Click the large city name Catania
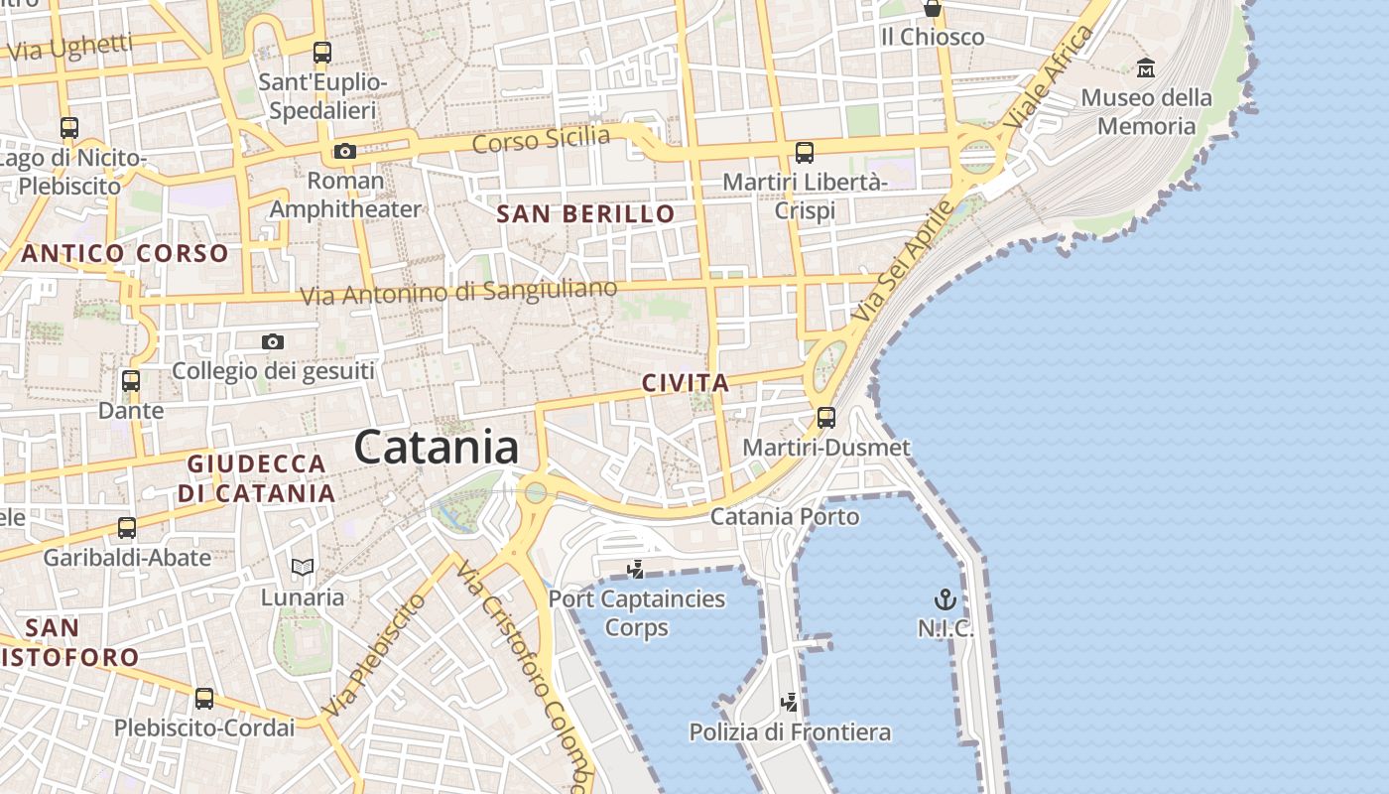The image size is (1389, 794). point(437,448)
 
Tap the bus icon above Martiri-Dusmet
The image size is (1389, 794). point(825,418)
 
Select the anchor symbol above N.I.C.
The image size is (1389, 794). point(945,599)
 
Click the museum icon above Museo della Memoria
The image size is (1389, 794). point(1146,68)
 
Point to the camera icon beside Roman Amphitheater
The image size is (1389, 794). point(344,152)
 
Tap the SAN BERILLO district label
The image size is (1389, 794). point(585,213)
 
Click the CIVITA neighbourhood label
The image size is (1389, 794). point(685,383)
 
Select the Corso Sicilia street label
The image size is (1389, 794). point(541,140)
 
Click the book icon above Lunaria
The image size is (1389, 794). point(303,568)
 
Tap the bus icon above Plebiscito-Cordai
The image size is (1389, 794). point(204,699)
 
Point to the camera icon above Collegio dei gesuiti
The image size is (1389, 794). point(273,342)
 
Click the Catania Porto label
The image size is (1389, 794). point(785,517)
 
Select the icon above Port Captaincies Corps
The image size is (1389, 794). point(636,570)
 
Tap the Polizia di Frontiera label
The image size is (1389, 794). point(790,733)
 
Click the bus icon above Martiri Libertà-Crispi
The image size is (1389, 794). point(805,153)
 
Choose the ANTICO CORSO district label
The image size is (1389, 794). point(125,253)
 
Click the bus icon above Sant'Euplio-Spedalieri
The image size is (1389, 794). point(322,53)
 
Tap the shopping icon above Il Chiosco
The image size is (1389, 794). point(933,9)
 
